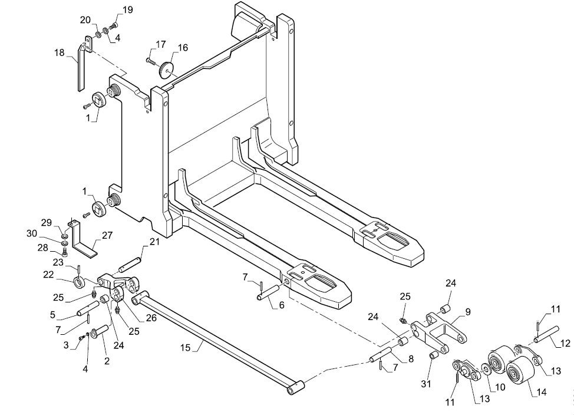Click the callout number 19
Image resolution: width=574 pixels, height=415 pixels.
[127, 9]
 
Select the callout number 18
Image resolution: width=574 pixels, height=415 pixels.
[60, 52]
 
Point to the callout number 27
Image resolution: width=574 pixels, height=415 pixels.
[107, 235]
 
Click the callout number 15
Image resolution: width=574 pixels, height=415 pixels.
[186, 347]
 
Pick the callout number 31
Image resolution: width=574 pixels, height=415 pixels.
[425, 384]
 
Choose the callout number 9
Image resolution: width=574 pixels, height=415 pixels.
[468, 312]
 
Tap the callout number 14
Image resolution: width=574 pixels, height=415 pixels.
[541, 392]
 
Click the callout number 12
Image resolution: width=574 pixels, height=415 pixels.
[565, 343]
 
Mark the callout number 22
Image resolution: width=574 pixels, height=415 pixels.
[48, 274]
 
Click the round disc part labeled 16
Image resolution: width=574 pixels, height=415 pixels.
[166, 70]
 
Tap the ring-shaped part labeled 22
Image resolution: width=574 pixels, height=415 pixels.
[81, 283]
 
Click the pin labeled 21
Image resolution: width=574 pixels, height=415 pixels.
[129, 265]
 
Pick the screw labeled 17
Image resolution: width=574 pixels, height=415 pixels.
[151, 61]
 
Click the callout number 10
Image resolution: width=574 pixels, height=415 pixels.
[500, 387]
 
